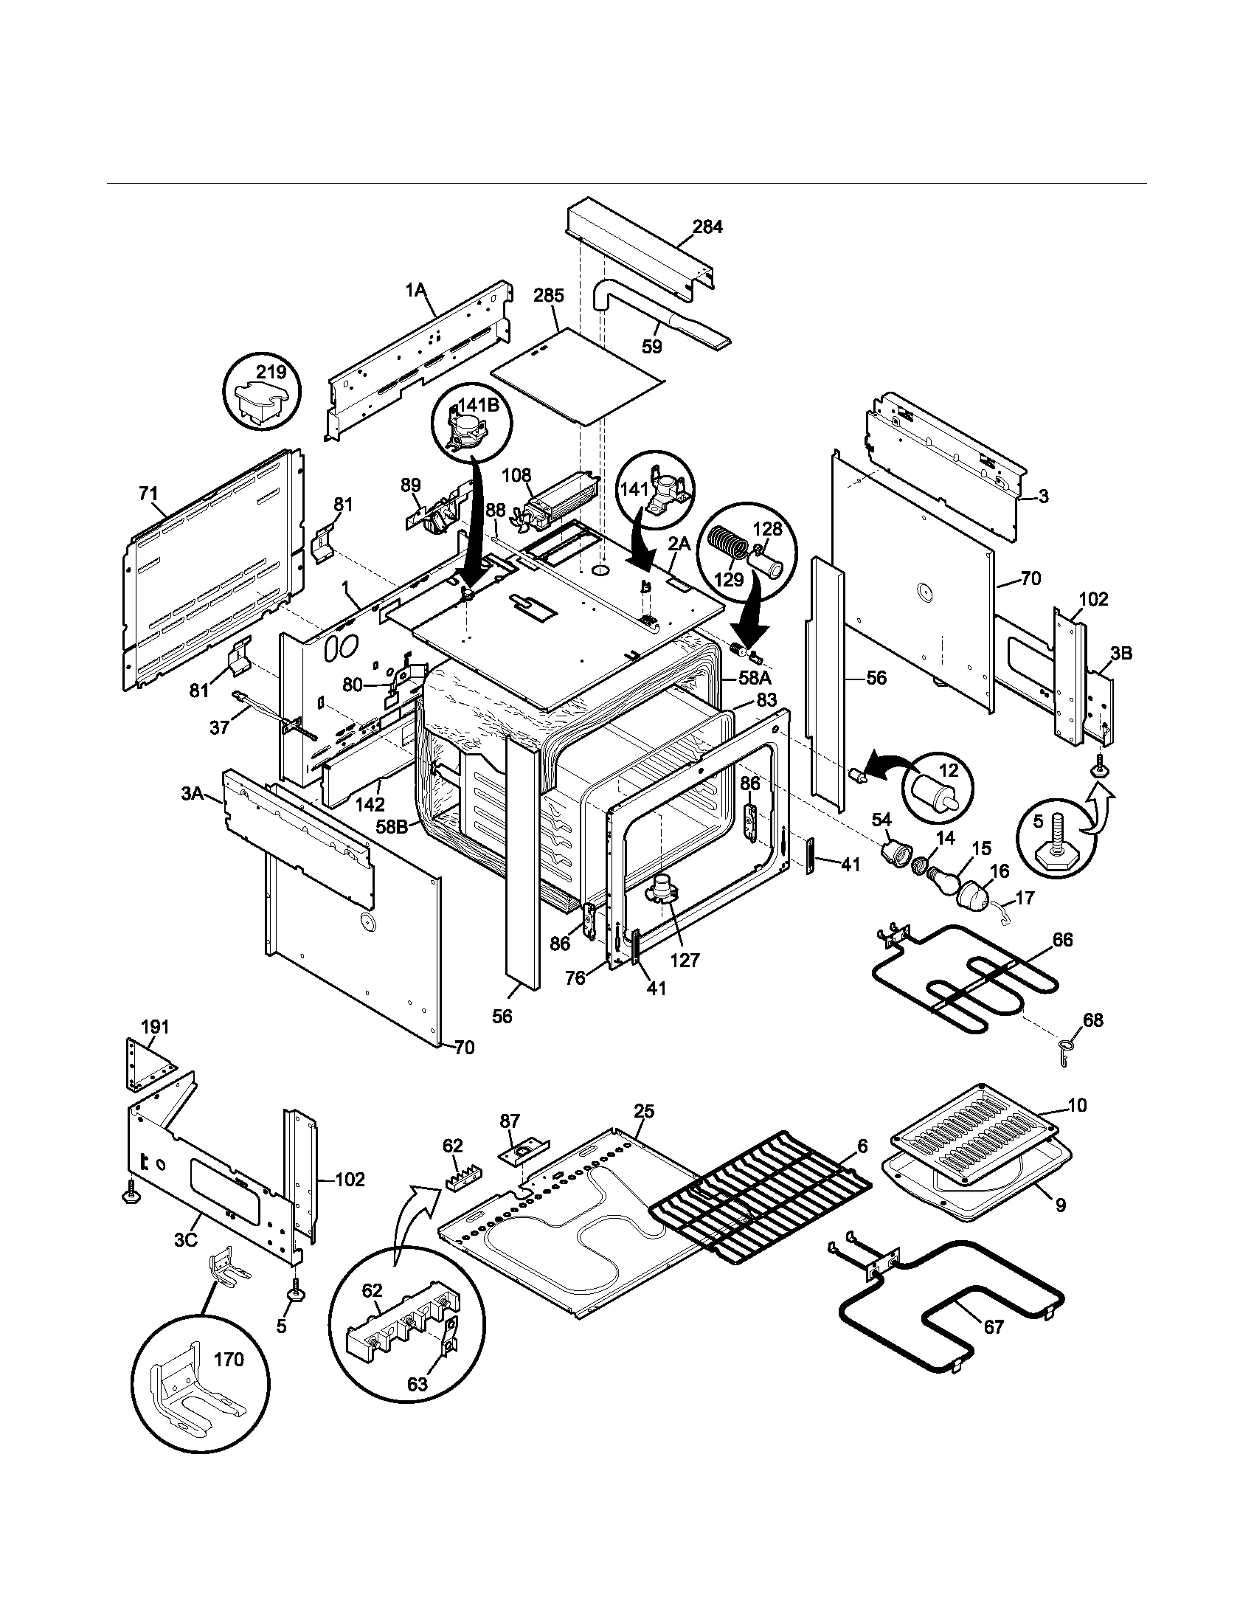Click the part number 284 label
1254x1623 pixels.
(707, 226)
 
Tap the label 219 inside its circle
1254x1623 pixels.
(271, 372)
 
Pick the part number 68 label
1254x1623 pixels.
(1092, 1020)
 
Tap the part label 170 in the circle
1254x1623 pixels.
(229, 1360)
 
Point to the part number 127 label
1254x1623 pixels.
(685, 960)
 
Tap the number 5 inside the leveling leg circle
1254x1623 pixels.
(1039, 821)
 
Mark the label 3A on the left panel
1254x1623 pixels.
(193, 794)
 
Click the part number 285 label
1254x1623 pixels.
(548, 295)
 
